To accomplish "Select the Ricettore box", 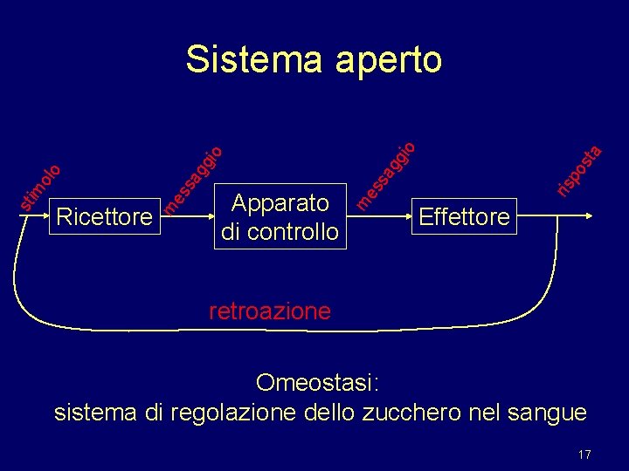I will tap(103, 216).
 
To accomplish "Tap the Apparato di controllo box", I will tap(280, 217).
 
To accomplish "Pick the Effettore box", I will tap(464, 216).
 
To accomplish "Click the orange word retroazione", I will tap(270, 311).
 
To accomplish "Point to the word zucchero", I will tap(404, 412).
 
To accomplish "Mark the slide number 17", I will tap(584, 454).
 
